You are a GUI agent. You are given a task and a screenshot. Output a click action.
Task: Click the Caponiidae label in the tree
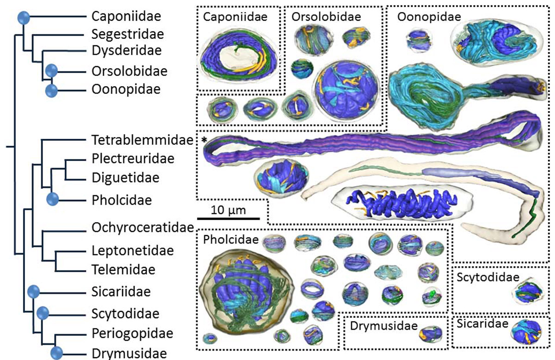[x=126, y=17]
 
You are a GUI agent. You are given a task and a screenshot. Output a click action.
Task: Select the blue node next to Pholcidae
[x=53, y=200]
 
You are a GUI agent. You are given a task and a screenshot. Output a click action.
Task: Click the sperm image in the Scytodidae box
[x=527, y=293]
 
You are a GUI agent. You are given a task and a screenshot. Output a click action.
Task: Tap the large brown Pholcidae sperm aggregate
[x=244, y=288]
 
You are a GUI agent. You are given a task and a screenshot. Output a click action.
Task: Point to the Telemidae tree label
[x=123, y=269]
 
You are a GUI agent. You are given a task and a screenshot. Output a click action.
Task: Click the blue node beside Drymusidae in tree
[x=57, y=354]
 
